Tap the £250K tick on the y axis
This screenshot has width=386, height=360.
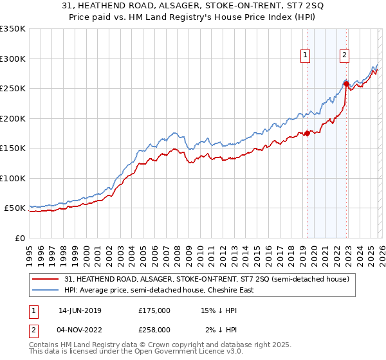(x=13, y=89)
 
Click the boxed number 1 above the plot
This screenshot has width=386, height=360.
(x=304, y=56)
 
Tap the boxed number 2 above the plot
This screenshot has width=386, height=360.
(x=345, y=56)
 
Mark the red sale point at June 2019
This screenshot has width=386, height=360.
(x=307, y=133)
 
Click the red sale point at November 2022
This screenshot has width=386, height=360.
(x=346, y=84)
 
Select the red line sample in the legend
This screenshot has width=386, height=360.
(x=46, y=279)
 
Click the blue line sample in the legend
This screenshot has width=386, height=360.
(x=46, y=290)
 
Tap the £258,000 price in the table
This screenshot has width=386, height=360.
(x=154, y=329)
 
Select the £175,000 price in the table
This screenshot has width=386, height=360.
(x=154, y=310)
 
